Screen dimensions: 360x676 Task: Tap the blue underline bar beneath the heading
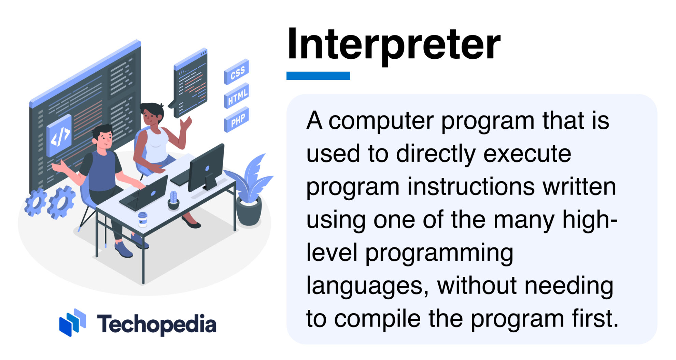(x=318, y=75)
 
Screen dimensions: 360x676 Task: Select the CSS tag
(x=237, y=72)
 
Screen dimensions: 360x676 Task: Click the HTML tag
(x=237, y=96)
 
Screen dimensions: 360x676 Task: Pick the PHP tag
(x=237, y=120)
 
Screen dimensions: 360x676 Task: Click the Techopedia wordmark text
(x=156, y=324)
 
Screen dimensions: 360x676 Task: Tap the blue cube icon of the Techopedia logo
(x=72, y=322)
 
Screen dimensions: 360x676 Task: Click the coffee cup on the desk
(x=143, y=219)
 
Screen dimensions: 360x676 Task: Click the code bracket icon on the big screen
(x=60, y=135)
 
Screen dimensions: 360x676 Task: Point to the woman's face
(x=150, y=116)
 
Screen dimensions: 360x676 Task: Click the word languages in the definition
(x=367, y=286)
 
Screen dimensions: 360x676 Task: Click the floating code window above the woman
(x=191, y=84)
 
